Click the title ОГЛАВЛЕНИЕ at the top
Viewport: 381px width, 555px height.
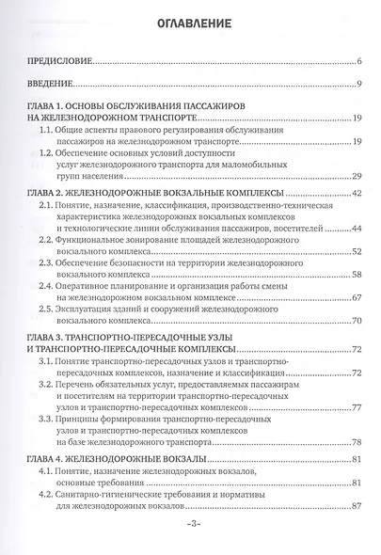click(x=189, y=23)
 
